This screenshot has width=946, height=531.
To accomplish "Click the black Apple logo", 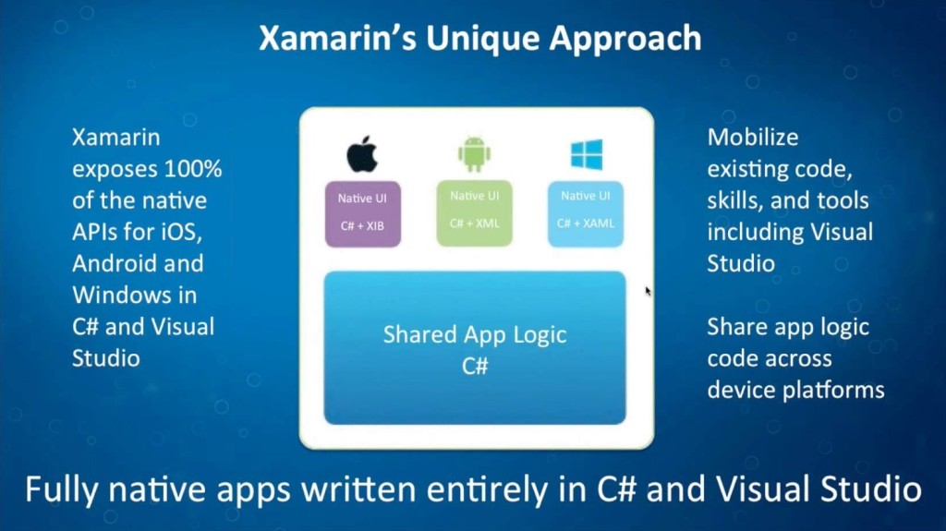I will pos(362,154).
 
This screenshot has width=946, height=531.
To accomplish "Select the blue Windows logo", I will pos(586,154).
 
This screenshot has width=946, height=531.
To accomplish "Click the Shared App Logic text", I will pos(474,334).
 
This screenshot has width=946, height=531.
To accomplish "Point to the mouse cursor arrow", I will pos(648,291).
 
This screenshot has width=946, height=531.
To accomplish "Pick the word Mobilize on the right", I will pos(753,138).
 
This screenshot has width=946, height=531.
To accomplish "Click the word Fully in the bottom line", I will pos(58,489).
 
